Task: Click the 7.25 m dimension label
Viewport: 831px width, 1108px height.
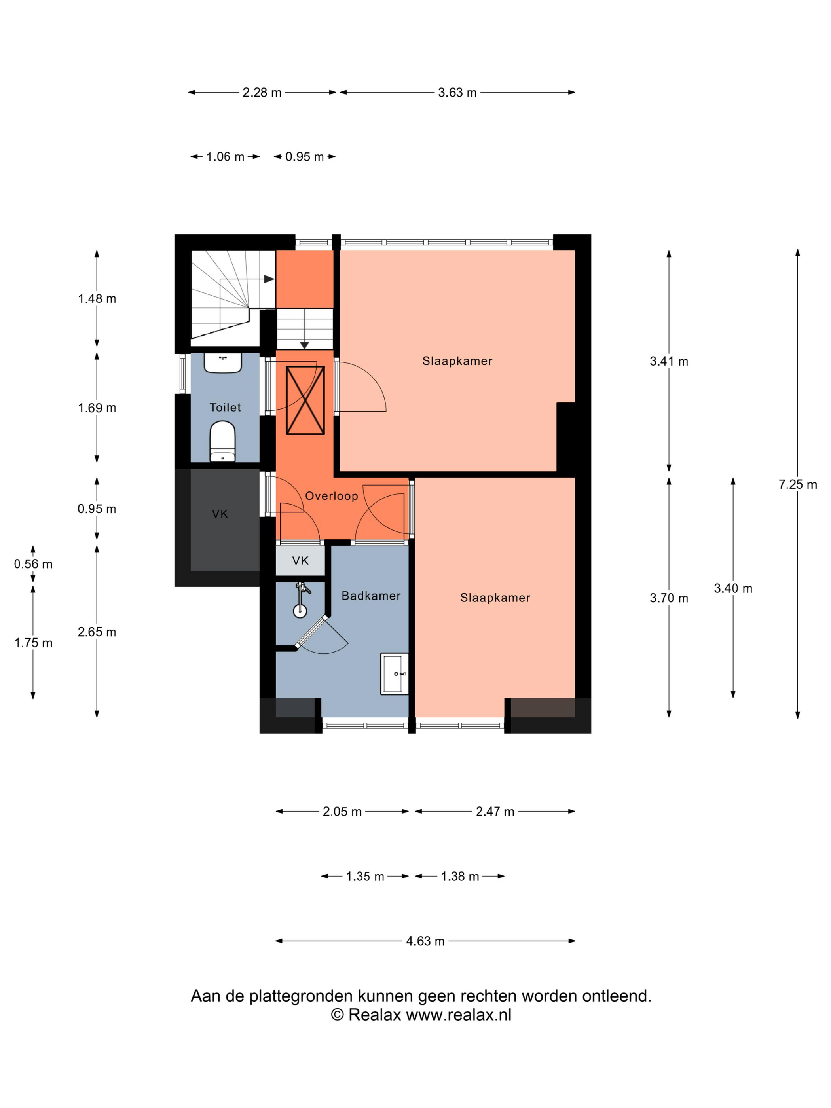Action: [x=797, y=484]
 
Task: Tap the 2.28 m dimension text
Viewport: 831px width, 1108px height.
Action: [x=262, y=93]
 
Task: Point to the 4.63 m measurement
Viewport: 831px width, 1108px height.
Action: [x=425, y=941]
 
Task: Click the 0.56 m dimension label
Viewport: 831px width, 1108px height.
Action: [x=33, y=564]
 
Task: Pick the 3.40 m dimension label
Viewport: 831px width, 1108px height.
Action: [x=733, y=588]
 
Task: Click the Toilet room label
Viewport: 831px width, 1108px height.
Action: [x=225, y=407]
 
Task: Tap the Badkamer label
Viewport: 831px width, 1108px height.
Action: [x=371, y=596]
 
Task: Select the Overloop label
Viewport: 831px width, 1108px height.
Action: [x=332, y=496]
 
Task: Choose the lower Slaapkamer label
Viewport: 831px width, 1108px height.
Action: [x=495, y=598]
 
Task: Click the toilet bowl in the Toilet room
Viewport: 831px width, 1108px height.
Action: [x=222, y=441]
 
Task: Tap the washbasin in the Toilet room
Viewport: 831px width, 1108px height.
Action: [x=223, y=362]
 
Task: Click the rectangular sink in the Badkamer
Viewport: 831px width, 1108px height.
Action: [x=395, y=674]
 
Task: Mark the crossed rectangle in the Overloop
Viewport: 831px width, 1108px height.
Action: [x=305, y=400]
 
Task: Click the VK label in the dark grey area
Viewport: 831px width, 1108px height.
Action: [x=220, y=514]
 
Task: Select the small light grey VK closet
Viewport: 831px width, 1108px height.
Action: [x=300, y=560]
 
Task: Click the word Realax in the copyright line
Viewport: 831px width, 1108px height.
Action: [x=375, y=1015]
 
